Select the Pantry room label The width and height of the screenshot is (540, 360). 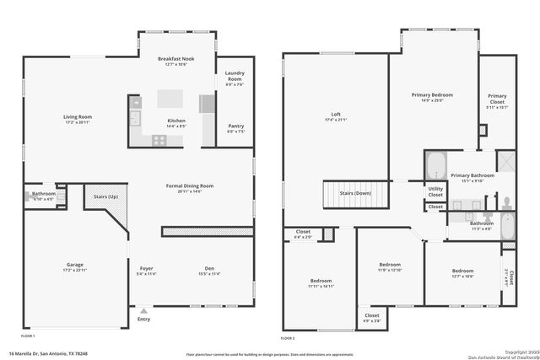[x=235, y=126]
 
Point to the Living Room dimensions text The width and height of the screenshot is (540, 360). [x=78, y=122]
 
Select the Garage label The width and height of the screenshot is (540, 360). [x=75, y=265]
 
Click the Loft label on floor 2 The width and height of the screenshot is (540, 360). [x=335, y=114]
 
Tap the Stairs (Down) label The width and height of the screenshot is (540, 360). [x=355, y=192]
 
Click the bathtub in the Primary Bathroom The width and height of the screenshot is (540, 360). [x=435, y=164]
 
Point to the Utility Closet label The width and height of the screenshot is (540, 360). [x=435, y=191]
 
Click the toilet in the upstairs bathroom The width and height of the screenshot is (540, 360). [x=507, y=205]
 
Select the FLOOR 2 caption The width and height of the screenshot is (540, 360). [x=289, y=337]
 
